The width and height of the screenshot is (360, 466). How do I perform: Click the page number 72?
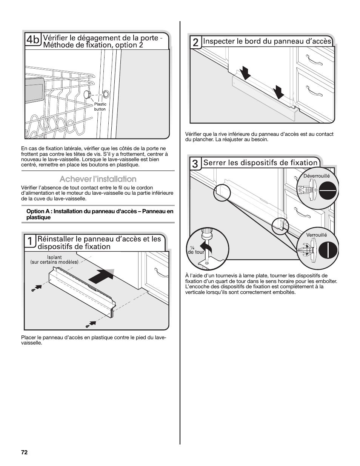[25, 452]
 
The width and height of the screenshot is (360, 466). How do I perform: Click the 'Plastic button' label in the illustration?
[100, 107]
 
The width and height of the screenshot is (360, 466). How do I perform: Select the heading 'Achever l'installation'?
[98, 179]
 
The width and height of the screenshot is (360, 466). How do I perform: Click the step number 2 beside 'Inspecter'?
[195, 43]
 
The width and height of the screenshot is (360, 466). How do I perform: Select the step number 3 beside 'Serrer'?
[195, 164]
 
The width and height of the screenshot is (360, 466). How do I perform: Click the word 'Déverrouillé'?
[317, 176]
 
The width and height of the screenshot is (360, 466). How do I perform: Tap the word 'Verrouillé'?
[317, 235]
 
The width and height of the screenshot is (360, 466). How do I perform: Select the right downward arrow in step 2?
[279, 92]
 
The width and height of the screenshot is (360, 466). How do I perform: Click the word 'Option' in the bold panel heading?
[34, 211]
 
